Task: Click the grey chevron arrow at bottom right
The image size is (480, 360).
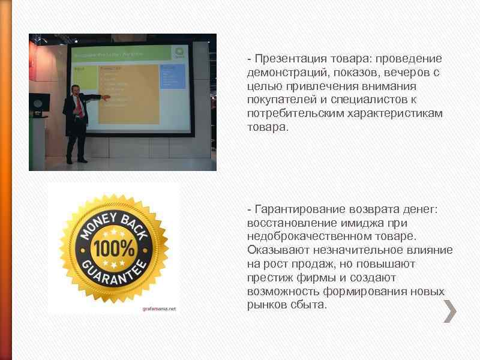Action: [450, 311]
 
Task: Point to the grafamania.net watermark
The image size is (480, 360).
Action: [159, 308]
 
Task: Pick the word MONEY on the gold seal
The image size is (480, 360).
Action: [95, 227]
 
